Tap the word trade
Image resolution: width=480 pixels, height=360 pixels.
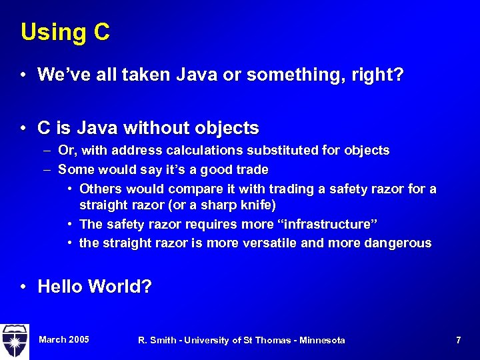(x=252, y=169)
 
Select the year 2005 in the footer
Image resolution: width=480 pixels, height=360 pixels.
(x=77, y=340)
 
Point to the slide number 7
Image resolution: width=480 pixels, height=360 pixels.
(x=458, y=341)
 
